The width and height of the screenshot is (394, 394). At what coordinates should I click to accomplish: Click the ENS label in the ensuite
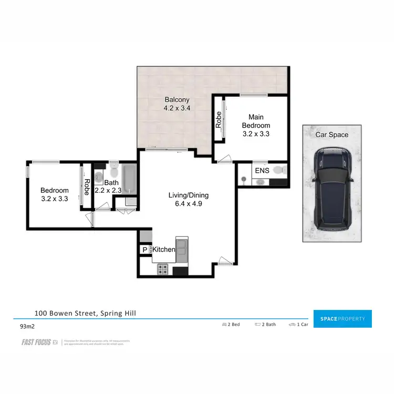[x=262, y=171]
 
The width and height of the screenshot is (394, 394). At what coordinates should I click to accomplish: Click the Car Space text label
[x=331, y=135]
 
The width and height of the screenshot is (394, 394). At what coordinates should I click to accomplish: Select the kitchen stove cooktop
[x=163, y=270]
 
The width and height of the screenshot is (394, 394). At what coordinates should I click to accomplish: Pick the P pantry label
[x=144, y=250]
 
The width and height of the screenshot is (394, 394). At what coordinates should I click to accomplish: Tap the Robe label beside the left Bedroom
[x=87, y=187]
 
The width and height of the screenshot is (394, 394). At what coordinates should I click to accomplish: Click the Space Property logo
[x=342, y=319]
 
